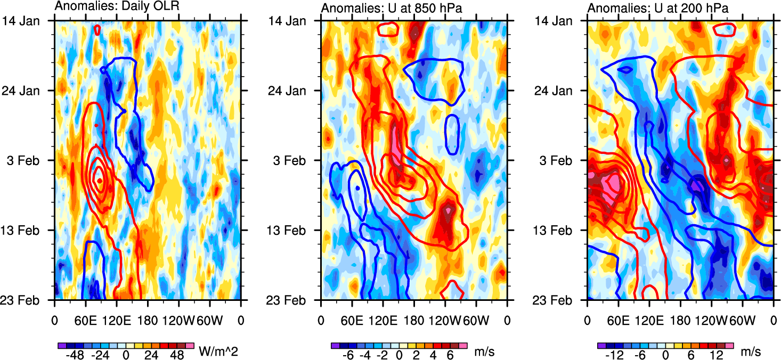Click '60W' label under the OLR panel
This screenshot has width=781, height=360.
(x=208, y=321)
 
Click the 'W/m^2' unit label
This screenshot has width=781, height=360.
(x=216, y=351)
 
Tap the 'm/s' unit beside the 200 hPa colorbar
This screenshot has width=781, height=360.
(x=750, y=351)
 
